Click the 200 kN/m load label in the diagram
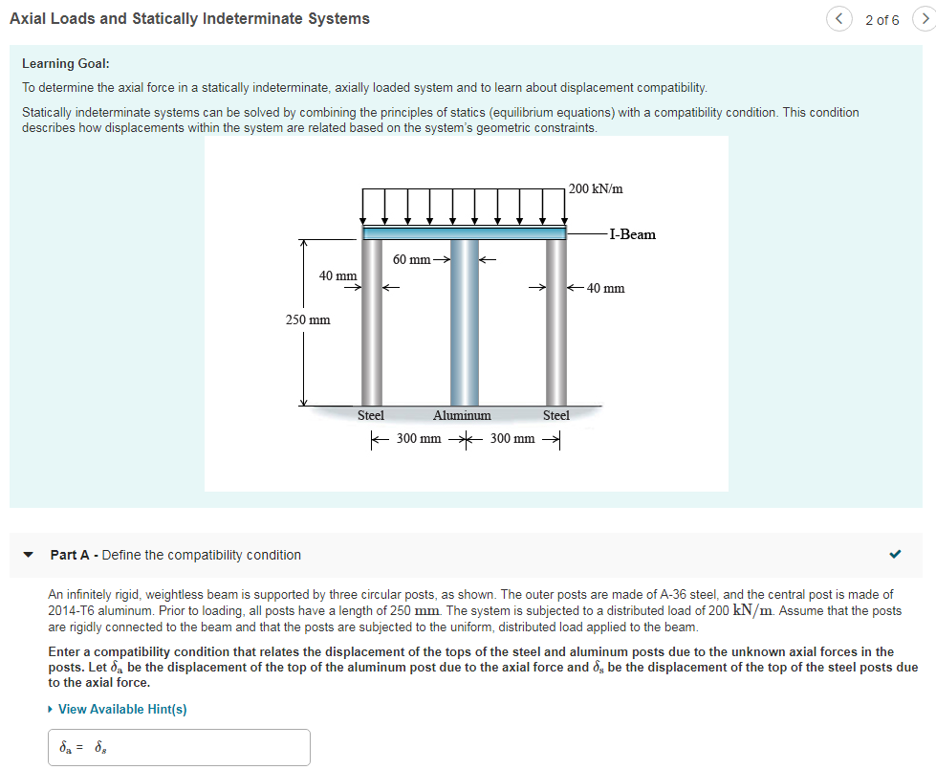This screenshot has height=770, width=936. (x=596, y=188)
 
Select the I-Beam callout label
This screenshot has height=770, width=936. (x=632, y=234)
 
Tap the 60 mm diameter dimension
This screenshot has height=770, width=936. (x=412, y=259)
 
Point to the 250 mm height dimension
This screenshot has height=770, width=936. (x=308, y=319)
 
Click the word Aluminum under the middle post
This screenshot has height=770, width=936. (x=462, y=415)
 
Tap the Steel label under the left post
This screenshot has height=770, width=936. (x=370, y=415)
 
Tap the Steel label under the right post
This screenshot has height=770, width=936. (x=555, y=415)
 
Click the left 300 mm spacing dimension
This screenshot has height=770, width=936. (x=419, y=439)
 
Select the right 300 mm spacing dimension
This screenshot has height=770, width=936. (x=512, y=439)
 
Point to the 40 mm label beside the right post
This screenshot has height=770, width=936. (x=605, y=288)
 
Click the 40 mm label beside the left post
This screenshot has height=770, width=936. (x=337, y=275)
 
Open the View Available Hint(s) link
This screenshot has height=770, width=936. (x=122, y=709)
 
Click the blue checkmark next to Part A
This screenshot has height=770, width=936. (x=895, y=554)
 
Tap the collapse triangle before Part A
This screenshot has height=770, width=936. (x=29, y=555)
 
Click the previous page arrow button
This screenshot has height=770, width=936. (x=838, y=19)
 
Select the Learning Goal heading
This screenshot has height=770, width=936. (x=66, y=63)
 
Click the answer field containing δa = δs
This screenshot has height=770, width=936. (x=180, y=747)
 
